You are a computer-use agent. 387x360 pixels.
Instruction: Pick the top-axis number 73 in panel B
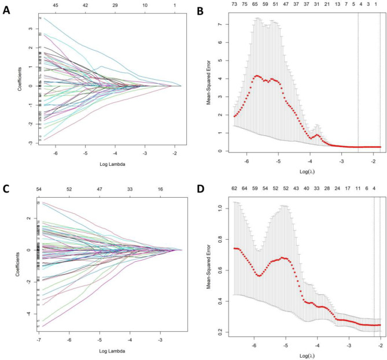[235, 5]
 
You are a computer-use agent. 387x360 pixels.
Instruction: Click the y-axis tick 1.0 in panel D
[220, 204]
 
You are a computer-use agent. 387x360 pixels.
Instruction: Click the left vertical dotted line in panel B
[358, 81]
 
